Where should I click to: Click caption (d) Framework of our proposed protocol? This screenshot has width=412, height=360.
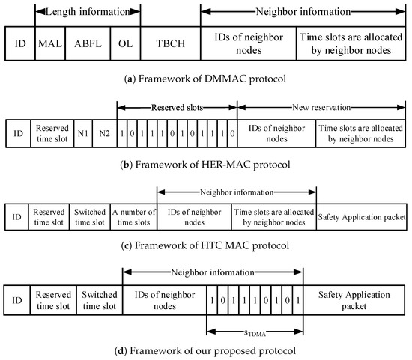(205, 350)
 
